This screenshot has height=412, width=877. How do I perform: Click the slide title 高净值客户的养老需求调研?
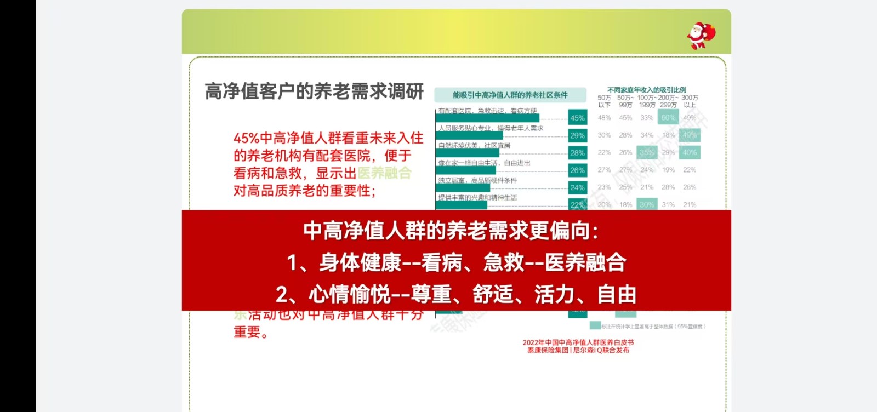point(314,91)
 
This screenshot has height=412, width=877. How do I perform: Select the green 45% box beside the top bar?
point(577,118)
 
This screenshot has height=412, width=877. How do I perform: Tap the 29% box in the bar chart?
point(577,135)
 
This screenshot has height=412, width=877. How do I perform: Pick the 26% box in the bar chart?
point(577,170)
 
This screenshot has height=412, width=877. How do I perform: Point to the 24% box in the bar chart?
point(577,187)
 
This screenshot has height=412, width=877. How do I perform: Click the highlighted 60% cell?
point(668,117)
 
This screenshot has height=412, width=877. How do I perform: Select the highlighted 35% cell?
point(647,152)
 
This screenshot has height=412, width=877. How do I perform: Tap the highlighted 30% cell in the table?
point(647,204)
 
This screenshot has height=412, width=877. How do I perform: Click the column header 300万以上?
point(690,101)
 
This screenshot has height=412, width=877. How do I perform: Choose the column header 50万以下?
point(604,101)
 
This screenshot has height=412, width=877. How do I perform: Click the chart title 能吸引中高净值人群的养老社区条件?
point(510,95)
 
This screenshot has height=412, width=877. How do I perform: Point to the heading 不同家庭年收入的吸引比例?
point(646,90)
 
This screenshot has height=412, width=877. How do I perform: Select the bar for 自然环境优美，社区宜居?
point(468,153)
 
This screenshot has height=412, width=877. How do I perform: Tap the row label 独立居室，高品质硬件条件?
point(477,180)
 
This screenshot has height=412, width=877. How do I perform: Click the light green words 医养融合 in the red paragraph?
point(384,173)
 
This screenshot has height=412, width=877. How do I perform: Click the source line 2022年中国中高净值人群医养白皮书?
point(578,342)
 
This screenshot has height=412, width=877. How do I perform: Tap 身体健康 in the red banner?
point(360,262)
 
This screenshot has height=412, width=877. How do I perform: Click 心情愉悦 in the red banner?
point(349,295)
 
